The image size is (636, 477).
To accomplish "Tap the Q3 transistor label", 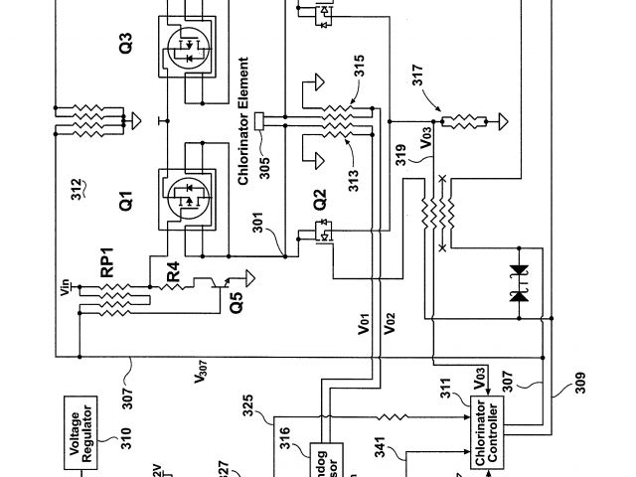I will tap(125, 50).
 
